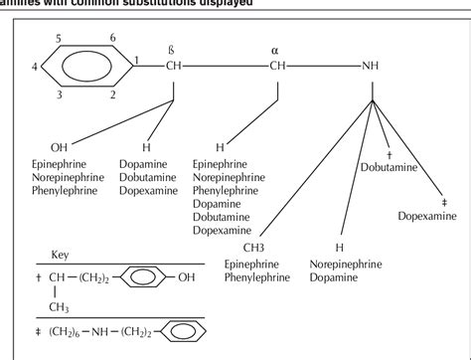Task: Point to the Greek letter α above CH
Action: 275,47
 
